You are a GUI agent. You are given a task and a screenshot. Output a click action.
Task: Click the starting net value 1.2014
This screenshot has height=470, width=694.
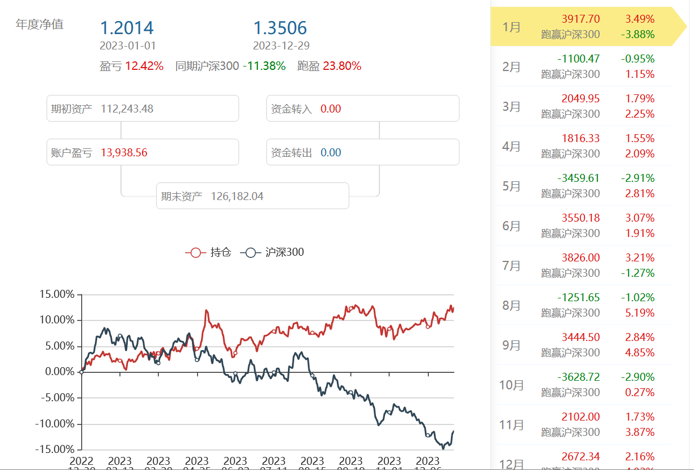127,28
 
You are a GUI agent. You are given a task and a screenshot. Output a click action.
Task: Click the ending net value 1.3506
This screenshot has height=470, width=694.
280,28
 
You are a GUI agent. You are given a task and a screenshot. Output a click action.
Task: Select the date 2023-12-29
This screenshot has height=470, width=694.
281,46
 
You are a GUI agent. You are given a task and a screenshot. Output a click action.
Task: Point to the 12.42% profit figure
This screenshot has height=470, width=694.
144,66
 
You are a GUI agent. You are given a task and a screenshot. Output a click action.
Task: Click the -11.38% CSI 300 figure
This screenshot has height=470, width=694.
264,66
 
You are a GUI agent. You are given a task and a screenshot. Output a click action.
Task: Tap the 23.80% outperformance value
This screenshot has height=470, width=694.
342,66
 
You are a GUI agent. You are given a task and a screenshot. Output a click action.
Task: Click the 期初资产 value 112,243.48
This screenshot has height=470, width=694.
127,109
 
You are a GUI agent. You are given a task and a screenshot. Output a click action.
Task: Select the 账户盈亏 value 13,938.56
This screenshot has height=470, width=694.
124,152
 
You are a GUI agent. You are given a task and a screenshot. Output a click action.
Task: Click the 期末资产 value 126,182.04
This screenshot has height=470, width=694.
237,196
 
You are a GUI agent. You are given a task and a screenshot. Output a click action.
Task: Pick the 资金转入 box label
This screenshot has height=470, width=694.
291,109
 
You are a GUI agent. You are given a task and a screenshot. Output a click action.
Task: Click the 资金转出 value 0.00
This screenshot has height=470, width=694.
331,152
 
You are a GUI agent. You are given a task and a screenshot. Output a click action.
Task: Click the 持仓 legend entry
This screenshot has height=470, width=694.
208,252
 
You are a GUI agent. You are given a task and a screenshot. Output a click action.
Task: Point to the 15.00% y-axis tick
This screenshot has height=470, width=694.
57,294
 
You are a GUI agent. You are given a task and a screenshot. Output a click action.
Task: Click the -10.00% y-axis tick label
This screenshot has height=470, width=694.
55,424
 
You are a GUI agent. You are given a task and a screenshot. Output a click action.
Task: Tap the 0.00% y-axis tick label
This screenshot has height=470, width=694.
59,372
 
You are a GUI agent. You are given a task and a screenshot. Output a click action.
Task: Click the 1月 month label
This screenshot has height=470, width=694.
511,27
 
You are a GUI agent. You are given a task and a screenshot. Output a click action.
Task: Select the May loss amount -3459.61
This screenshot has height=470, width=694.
578,178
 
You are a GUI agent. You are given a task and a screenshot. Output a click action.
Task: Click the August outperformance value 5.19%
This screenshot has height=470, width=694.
640,313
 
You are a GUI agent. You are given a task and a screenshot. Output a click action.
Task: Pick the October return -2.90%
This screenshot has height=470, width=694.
638,377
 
